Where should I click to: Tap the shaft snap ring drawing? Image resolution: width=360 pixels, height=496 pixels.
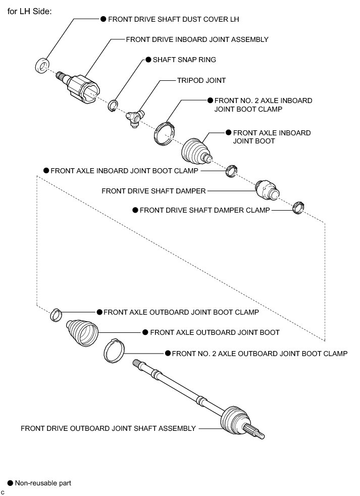[x=114, y=106]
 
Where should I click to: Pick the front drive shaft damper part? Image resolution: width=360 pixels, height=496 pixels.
[x=267, y=190]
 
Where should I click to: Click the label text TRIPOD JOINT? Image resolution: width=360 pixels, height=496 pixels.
[x=201, y=80]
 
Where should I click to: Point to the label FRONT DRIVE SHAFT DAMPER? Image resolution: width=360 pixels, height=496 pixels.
[x=153, y=191]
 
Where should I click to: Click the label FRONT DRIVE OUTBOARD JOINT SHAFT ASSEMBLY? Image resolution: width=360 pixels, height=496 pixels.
[x=108, y=428]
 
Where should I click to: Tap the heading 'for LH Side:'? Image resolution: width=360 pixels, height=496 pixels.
[x=29, y=11]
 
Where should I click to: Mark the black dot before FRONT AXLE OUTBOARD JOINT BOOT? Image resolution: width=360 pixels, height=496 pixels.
[x=145, y=332]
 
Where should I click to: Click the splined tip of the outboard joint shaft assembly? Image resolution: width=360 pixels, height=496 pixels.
[x=256, y=432]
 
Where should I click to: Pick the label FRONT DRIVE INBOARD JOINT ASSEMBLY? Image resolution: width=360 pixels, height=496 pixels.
[x=197, y=39]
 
